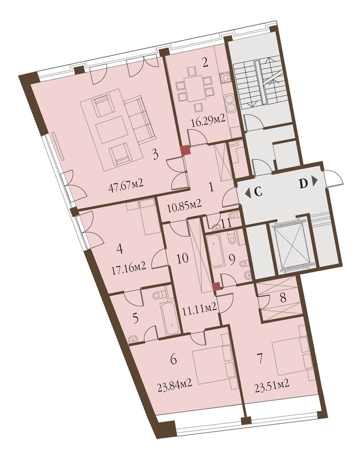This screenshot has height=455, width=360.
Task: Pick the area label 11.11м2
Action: coord(199,307)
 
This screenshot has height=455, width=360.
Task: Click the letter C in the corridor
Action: coord(258,192)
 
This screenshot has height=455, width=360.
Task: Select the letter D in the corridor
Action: coord(303,184)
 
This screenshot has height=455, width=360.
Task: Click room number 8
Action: coord(283,298)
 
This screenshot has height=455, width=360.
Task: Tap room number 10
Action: coord(182,258)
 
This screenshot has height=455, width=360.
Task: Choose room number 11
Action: coord(226,223)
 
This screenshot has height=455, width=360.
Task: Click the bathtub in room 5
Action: coord(170,318)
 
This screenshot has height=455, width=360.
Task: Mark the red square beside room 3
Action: coord(185,151)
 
